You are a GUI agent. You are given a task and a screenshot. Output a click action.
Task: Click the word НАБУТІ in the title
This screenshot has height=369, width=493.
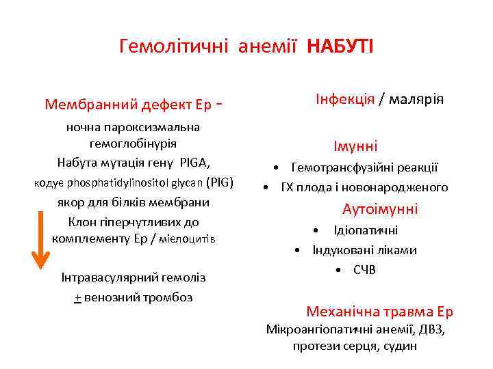click(340, 47)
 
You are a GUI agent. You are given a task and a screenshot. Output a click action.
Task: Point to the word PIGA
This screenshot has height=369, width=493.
click(196, 163)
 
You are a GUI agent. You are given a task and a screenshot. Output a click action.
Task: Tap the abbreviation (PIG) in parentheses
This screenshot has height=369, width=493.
click(220, 182)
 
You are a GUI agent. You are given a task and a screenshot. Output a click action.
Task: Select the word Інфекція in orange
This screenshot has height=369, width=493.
click(344, 99)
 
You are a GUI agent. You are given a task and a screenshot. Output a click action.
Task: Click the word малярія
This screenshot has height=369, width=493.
click(417, 99)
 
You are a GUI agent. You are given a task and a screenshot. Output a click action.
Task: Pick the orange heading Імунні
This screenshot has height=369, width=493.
click(355, 146)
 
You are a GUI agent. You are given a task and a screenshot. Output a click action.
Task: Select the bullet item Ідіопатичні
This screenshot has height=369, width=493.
click(365, 230)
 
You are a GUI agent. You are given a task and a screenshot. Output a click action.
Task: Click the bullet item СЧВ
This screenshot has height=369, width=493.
click(364, 270)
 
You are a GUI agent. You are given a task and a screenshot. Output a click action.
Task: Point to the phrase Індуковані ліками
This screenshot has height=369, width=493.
click(364, 250)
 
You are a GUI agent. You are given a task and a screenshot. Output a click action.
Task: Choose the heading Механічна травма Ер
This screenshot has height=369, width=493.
click(379, 312)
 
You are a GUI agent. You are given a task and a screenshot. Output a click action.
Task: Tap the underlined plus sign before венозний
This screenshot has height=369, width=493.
click(77, 297)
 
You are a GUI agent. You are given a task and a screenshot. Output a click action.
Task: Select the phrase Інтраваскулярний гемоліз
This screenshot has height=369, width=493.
click(134, 277)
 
